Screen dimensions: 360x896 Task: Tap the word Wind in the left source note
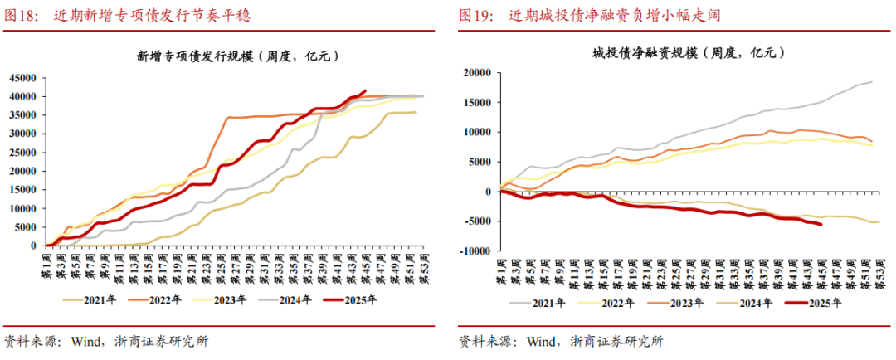click(x=86, y=340)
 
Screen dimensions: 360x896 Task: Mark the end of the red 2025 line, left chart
click(x=365, y=91)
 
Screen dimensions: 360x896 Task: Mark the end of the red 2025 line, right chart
click(x=821, y=224)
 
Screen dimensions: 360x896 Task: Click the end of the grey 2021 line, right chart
click(x=871, y=81)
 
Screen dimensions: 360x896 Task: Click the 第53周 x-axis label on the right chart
click(x=881, y=270)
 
